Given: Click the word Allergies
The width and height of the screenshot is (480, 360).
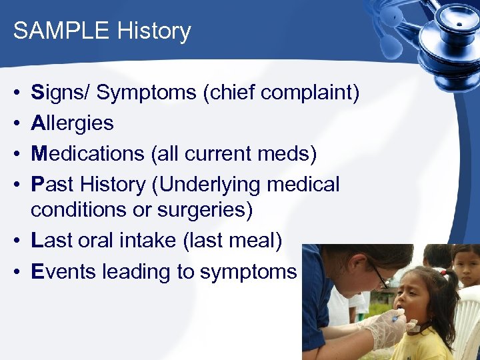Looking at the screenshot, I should tap(72, 123).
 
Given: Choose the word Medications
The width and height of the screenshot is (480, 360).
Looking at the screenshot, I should tap(87, 153).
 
